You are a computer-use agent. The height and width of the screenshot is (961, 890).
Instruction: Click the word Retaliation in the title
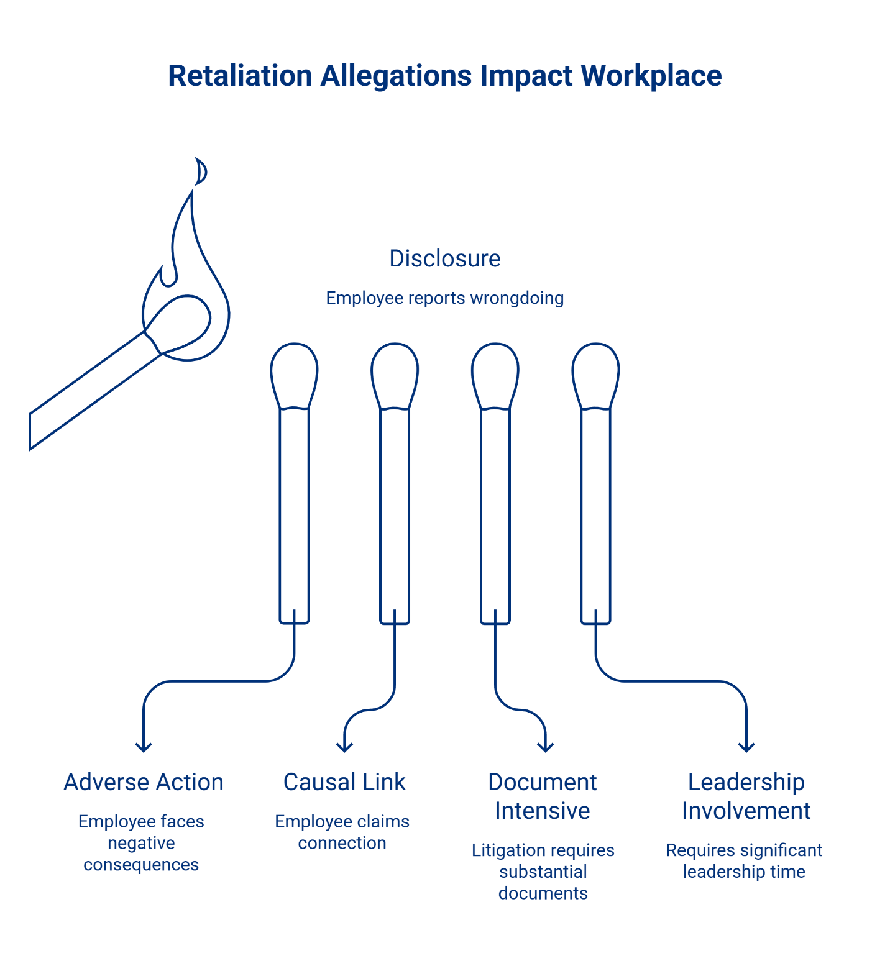click(x=240, y=76)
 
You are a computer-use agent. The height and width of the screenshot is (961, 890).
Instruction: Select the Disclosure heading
click(x=444, y=258)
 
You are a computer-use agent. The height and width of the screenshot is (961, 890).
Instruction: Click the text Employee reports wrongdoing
click(x=444, y=298)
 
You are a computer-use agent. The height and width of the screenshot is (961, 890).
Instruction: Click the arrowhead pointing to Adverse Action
click(x=144, y=747)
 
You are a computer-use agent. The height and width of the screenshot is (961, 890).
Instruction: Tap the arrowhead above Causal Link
click(x=344, y=747)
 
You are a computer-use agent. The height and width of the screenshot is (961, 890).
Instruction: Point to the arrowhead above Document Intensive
click(x=546, y=747)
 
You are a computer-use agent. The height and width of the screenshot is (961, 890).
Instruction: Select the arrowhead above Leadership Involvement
click(x=746, y=747)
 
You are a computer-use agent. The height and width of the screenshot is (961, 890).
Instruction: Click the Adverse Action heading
click(x=144, y=782)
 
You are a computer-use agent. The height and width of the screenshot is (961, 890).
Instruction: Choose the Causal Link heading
click(x=344, y=782)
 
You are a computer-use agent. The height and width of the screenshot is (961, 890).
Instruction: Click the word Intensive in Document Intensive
click(x=543, y=811)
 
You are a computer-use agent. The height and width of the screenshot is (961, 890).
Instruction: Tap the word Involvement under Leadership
click(x=746, y=811)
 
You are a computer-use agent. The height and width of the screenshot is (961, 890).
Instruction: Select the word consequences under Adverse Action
click(x=141, y=865)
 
